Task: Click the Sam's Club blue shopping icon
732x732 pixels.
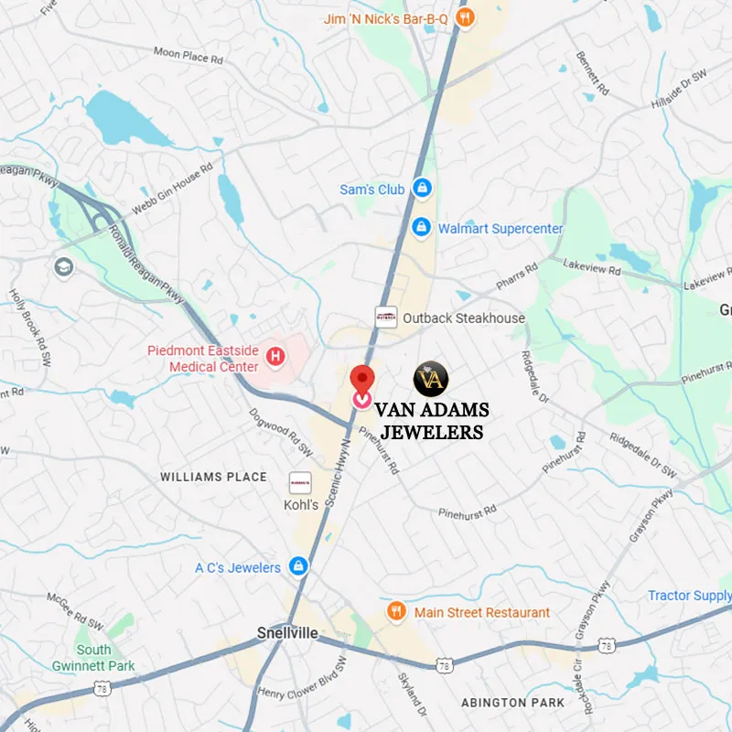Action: pos(421,188)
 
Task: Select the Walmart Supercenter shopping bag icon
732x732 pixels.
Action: pos(421,227)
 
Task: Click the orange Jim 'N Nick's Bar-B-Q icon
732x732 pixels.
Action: pos(465,17)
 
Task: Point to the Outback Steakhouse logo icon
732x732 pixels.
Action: pos(386,318)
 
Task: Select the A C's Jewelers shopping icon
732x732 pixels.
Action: pos(298,566)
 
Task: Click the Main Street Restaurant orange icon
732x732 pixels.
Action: pos(396,611)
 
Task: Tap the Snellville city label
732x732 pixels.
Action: pos(287,633)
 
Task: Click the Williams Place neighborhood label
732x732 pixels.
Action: pos(213,477)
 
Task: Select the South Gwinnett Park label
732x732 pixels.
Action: pos(93,658)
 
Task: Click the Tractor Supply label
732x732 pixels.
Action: pos(689,596)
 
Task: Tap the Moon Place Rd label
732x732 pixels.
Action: pos(188,56)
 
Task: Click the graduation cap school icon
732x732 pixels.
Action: pos(63,267)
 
